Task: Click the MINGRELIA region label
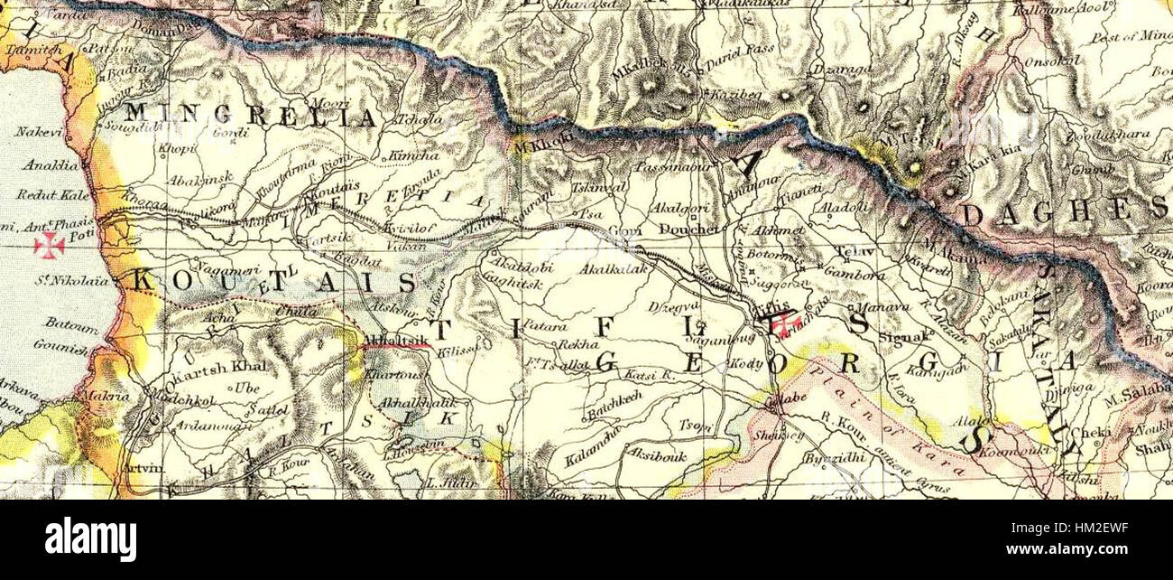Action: click(250, 116)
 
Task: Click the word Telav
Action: click(850, 250)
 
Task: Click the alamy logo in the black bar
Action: click(90, 539)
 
